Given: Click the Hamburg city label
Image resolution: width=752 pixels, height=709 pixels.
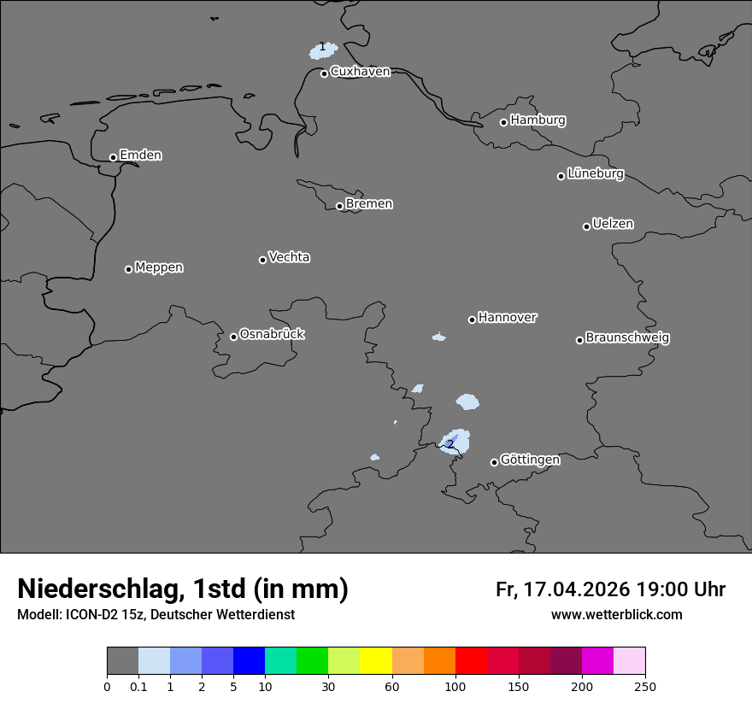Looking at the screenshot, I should pos(538,120).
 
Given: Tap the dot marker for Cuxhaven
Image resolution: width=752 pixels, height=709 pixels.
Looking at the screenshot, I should pos(324,73).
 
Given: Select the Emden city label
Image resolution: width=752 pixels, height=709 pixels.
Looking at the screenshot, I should pos(140,155).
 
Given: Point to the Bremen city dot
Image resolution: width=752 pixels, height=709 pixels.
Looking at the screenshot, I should pos(339,206).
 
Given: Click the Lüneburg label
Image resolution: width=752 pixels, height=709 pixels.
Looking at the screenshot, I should pos(595,174).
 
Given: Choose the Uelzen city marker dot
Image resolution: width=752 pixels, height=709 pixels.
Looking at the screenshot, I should pos(586,226).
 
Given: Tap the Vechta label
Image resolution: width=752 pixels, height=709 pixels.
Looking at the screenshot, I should pos(289,257).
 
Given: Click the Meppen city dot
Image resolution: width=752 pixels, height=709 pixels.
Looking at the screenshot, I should pos(128,269).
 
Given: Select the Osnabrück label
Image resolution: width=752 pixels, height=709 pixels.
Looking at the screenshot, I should pos(272,334).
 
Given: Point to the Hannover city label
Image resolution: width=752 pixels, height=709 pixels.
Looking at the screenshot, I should pos(507,318).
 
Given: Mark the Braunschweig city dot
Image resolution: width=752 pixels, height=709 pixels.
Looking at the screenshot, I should pos(579,340).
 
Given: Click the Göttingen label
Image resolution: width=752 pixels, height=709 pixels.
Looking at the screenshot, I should pos(530,460).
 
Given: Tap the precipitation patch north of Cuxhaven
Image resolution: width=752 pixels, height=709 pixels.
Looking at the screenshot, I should pos(324,51).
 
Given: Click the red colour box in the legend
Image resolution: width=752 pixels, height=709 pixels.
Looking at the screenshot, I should pos(471,661).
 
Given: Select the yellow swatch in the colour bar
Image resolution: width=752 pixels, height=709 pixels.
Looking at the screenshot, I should pos(376,661).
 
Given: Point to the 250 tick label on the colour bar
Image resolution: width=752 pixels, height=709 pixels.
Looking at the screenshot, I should pos(645,686).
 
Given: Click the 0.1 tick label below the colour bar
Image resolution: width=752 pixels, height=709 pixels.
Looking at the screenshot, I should pos(138,686).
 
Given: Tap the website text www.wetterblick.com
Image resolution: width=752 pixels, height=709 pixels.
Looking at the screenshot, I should pos(616,615).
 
